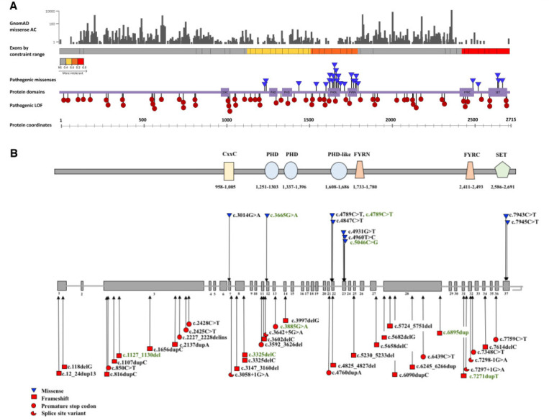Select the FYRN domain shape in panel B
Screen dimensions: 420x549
coord(360,170)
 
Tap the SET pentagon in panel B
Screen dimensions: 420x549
coord(503,170)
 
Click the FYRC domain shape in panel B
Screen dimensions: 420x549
coord(470,170)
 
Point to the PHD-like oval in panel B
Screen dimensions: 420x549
coord(339,170)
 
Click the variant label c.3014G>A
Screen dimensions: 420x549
coord(248,215)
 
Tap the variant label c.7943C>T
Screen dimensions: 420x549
coord(525,215)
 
